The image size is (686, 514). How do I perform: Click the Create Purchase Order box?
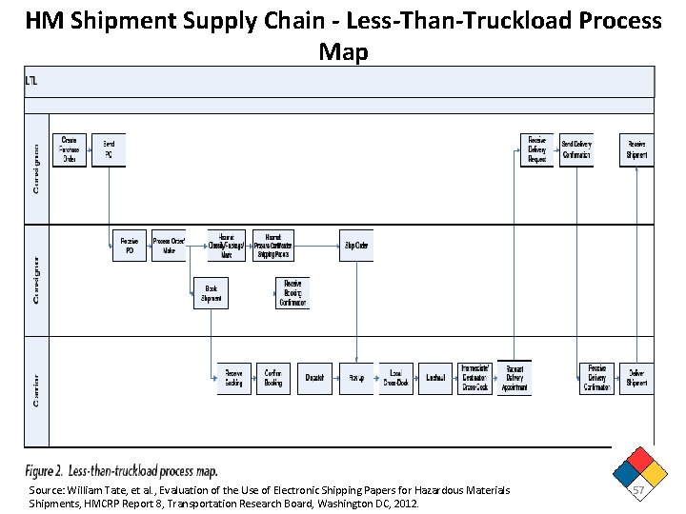coord(70,150)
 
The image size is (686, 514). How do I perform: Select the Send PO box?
coord(109,150)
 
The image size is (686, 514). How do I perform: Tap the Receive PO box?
coord(130,247)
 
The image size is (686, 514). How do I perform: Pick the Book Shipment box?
coord(211,294)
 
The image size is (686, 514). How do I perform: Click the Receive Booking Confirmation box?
coord(293,293)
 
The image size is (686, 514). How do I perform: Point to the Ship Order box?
coord(355,246)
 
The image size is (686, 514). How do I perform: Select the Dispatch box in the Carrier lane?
coord(314,378)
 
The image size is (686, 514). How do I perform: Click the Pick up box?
coord(356,378)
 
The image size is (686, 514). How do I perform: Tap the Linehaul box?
coord(436,378)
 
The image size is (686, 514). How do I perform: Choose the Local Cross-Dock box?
coord(395,378)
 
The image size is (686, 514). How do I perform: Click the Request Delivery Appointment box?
coord(515,378)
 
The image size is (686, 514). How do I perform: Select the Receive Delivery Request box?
coord(537,150)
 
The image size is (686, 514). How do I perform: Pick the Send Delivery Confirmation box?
coord(576,150)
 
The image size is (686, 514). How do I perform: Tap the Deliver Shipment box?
coord(636,378)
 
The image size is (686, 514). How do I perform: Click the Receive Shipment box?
coord(636,150)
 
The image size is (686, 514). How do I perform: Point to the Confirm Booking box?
coord(273,378)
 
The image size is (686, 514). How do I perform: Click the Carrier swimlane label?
coord(36,390)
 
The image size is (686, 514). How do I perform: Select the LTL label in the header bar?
coord(32,81)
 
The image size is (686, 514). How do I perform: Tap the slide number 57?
coord(640,488)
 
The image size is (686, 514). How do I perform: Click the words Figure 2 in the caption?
coord(45,471)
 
